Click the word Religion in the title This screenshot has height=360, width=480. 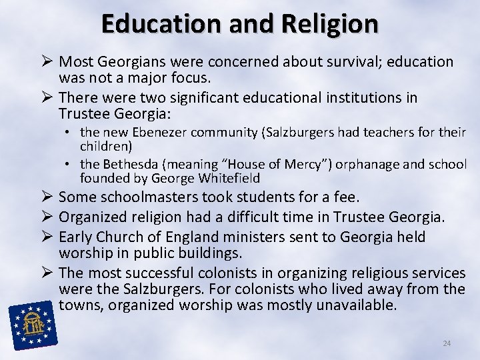pos(329,23)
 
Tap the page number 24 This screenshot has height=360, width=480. pos(447,343)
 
